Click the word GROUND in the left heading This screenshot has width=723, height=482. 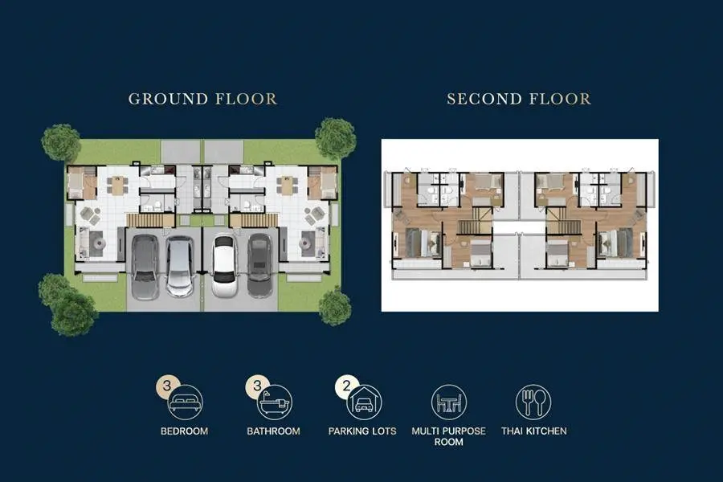coord(169,99)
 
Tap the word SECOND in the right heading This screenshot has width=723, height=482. coord(484,99)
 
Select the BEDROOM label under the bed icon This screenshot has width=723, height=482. coord(184,431)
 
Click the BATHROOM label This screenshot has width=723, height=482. coord(273,431)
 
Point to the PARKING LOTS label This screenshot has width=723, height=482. coord(362,431)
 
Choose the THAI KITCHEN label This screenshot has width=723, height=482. coord(534,431)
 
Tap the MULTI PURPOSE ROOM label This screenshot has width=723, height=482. coord(448,436)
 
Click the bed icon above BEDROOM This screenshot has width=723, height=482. coord(186,402)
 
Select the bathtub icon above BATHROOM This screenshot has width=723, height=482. coord(275,402)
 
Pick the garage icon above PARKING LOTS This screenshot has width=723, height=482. coord(364,402)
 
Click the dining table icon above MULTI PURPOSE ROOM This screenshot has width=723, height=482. coord(448,402)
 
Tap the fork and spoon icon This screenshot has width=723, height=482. coord(533,402)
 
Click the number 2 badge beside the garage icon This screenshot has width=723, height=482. coord(346,386)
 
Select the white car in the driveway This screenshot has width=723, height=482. coord(225,266)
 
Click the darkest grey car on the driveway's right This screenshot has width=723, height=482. coord(259,265)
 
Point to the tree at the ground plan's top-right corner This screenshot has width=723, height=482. coord(335,138)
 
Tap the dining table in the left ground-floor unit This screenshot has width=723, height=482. coord(119,186)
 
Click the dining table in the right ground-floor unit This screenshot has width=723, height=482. coord(288,186)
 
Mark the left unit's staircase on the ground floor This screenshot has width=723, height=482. coord(150,220)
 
